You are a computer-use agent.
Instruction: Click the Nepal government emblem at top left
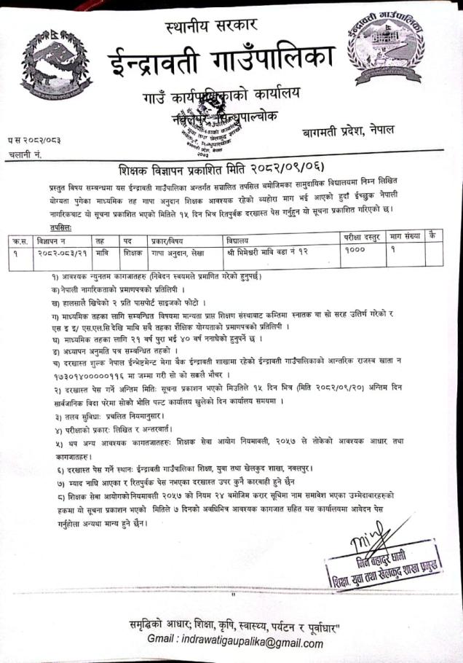click(53, 66)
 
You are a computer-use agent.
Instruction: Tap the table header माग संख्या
click(406, 238)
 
